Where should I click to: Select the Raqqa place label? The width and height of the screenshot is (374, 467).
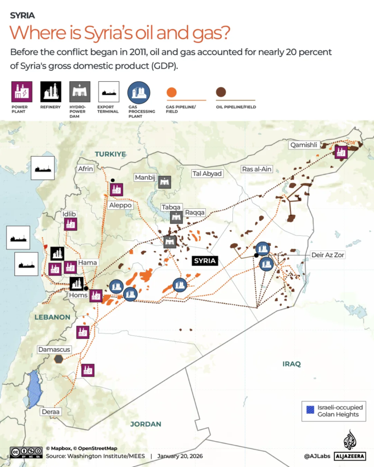[x=195, y=212]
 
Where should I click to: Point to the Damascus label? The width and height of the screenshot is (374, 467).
[x=54, y=349]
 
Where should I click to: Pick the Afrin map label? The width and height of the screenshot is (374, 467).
[x=86, y=169]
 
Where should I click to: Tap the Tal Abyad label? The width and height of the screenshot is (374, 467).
[x=207, y=174]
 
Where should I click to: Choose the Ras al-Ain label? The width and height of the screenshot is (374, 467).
[x=256, y=169]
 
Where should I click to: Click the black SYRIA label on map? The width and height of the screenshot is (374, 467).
[x=204, y=260]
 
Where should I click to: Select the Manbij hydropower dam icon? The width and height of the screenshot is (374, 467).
[x=164, y=182]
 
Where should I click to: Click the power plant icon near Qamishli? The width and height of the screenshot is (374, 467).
[x=341, y=152]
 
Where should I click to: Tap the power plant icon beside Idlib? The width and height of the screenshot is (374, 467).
[x=70, y=224]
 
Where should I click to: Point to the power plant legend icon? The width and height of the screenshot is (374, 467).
[x=19, y=91]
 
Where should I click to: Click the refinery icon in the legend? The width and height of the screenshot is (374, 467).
[x=51, y=91]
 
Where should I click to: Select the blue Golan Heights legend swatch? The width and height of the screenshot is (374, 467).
[x=310, y=409]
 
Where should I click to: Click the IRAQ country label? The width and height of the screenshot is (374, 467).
[x=292, y=364]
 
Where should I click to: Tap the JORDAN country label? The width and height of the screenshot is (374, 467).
[x=146, y=424]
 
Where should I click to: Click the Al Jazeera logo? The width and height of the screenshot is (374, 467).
[x=349, y=446]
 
